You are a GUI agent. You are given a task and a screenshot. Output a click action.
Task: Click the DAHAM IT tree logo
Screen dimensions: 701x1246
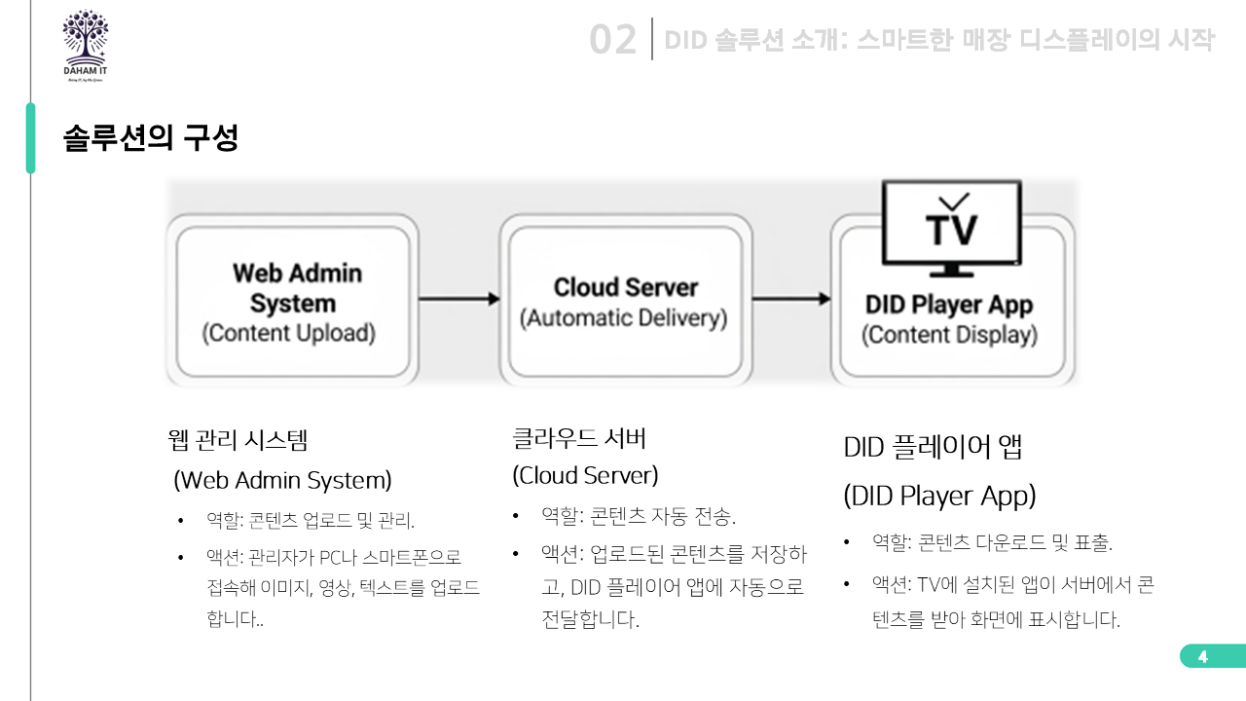[86, 44]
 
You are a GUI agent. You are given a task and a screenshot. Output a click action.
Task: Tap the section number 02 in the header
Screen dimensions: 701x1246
[613, 41]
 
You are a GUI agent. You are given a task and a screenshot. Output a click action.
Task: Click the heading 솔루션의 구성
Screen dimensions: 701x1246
[151, 137]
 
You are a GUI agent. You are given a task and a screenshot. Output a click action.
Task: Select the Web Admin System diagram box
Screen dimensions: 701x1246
[292, 301]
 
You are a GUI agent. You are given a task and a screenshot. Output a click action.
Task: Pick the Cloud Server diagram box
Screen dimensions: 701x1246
[625, 301]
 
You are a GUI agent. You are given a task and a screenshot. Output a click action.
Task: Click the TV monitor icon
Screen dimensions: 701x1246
[951, 228]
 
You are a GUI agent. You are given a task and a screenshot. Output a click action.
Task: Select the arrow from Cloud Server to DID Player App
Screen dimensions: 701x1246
[791, 299]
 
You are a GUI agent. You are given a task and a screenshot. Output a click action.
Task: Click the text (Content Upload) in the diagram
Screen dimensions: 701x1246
[288, 333]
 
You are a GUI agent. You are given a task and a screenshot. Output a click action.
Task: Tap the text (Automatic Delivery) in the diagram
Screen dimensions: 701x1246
[624, 318]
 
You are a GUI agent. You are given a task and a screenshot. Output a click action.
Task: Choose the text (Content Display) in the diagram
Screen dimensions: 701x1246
[949, 335]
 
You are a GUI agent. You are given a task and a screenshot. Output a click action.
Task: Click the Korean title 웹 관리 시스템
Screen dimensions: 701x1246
[238, 440]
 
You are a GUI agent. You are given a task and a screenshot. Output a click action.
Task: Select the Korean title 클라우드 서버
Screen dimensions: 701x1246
[579, 438]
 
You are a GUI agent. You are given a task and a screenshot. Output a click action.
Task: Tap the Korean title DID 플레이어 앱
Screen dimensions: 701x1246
[933, 448]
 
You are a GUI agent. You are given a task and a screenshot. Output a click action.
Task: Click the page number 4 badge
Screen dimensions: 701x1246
[1203, 656]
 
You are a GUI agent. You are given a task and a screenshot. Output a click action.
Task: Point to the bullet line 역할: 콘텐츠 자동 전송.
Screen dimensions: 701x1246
[639, 516]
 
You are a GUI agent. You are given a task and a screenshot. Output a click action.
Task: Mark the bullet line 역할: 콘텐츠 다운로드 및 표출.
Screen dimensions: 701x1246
[992, 542]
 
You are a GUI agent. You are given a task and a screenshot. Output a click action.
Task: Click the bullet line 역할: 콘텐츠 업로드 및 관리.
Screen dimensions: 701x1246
[310, 521]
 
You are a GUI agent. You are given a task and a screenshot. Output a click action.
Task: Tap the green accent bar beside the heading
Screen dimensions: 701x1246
[30, 138]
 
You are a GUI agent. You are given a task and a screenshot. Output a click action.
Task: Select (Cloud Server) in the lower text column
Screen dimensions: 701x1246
[585, 476]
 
